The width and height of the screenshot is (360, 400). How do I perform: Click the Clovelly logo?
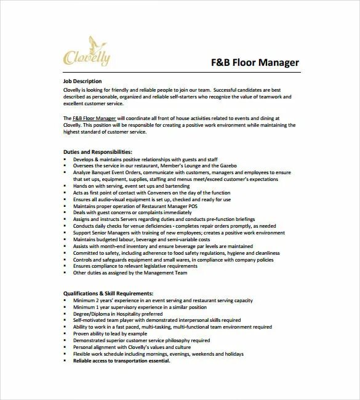[x=87, y=52]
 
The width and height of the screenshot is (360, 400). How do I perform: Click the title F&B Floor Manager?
[x=255, y=62]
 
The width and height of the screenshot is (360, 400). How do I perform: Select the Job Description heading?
[x=82, y=81]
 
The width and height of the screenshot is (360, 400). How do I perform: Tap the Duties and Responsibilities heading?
[x=98, y=151]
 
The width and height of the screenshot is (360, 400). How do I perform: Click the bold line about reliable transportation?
[x=122, y=361]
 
